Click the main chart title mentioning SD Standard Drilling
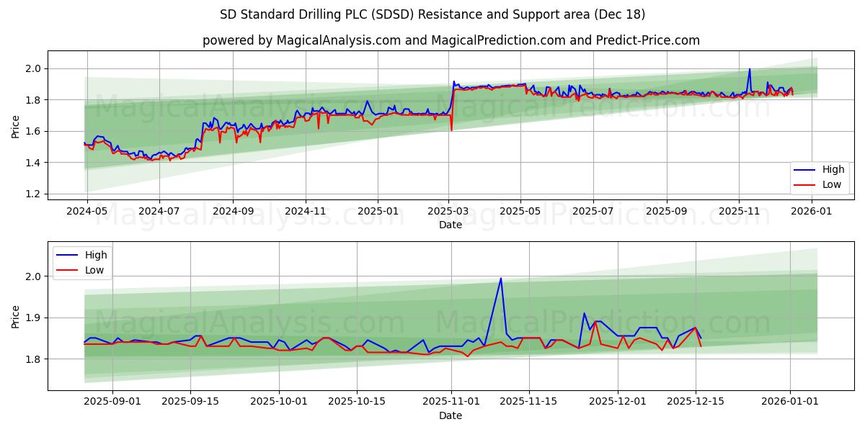tap(432, 14)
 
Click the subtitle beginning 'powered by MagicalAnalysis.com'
tap(451, 40)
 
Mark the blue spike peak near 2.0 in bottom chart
tap(501, 278)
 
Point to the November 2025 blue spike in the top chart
tap(750, 69)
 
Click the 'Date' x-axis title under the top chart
tap(451, 225)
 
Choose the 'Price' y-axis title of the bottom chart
tap(16, 317)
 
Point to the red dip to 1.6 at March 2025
tap(451, 130)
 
